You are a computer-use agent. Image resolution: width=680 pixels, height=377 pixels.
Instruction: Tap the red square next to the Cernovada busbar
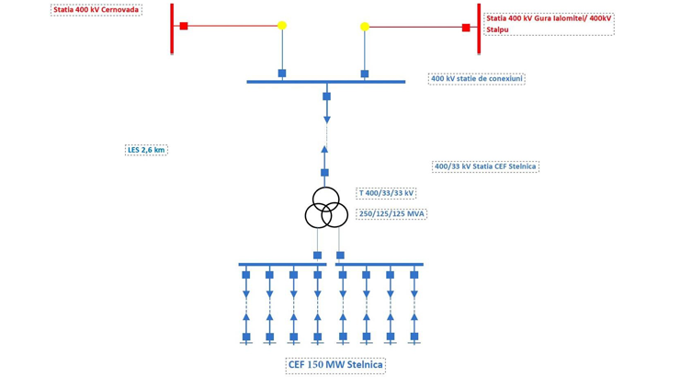(184, 26)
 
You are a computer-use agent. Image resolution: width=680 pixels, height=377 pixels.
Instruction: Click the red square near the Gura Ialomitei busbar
(466, 28)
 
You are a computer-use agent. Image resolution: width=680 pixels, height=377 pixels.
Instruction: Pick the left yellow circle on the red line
(282, 26)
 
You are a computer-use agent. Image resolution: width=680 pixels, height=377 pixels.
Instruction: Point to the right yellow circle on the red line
(365, 27)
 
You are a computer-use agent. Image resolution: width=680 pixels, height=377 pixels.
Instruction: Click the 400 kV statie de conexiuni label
(476, 79)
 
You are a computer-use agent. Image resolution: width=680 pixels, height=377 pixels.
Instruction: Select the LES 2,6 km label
(146, 150)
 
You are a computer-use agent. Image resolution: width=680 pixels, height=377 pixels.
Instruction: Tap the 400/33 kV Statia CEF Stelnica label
(484, 166)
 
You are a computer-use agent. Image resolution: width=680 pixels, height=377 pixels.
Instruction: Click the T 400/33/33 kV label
(386, 193)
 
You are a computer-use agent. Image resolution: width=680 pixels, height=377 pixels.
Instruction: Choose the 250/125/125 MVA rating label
(391, 213)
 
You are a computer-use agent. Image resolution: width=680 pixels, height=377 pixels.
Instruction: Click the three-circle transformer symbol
(326, 209)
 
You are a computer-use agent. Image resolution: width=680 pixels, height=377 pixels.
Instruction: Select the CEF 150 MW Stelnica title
(335, 365)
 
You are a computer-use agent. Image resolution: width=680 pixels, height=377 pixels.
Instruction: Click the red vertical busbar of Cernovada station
(172, 28)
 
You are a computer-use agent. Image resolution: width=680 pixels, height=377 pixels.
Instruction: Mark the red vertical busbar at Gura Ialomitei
(479, 28)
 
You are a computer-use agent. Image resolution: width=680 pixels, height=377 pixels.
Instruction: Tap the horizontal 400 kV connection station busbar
(326, 82)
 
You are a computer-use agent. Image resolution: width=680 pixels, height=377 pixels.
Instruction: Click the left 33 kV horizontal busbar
(282, 265)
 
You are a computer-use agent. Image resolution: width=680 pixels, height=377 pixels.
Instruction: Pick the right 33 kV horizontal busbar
(379, 265)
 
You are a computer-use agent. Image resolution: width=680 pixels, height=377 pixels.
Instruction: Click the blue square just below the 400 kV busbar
(326, 96)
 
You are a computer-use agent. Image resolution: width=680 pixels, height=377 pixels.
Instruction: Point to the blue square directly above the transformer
(324, 173)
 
